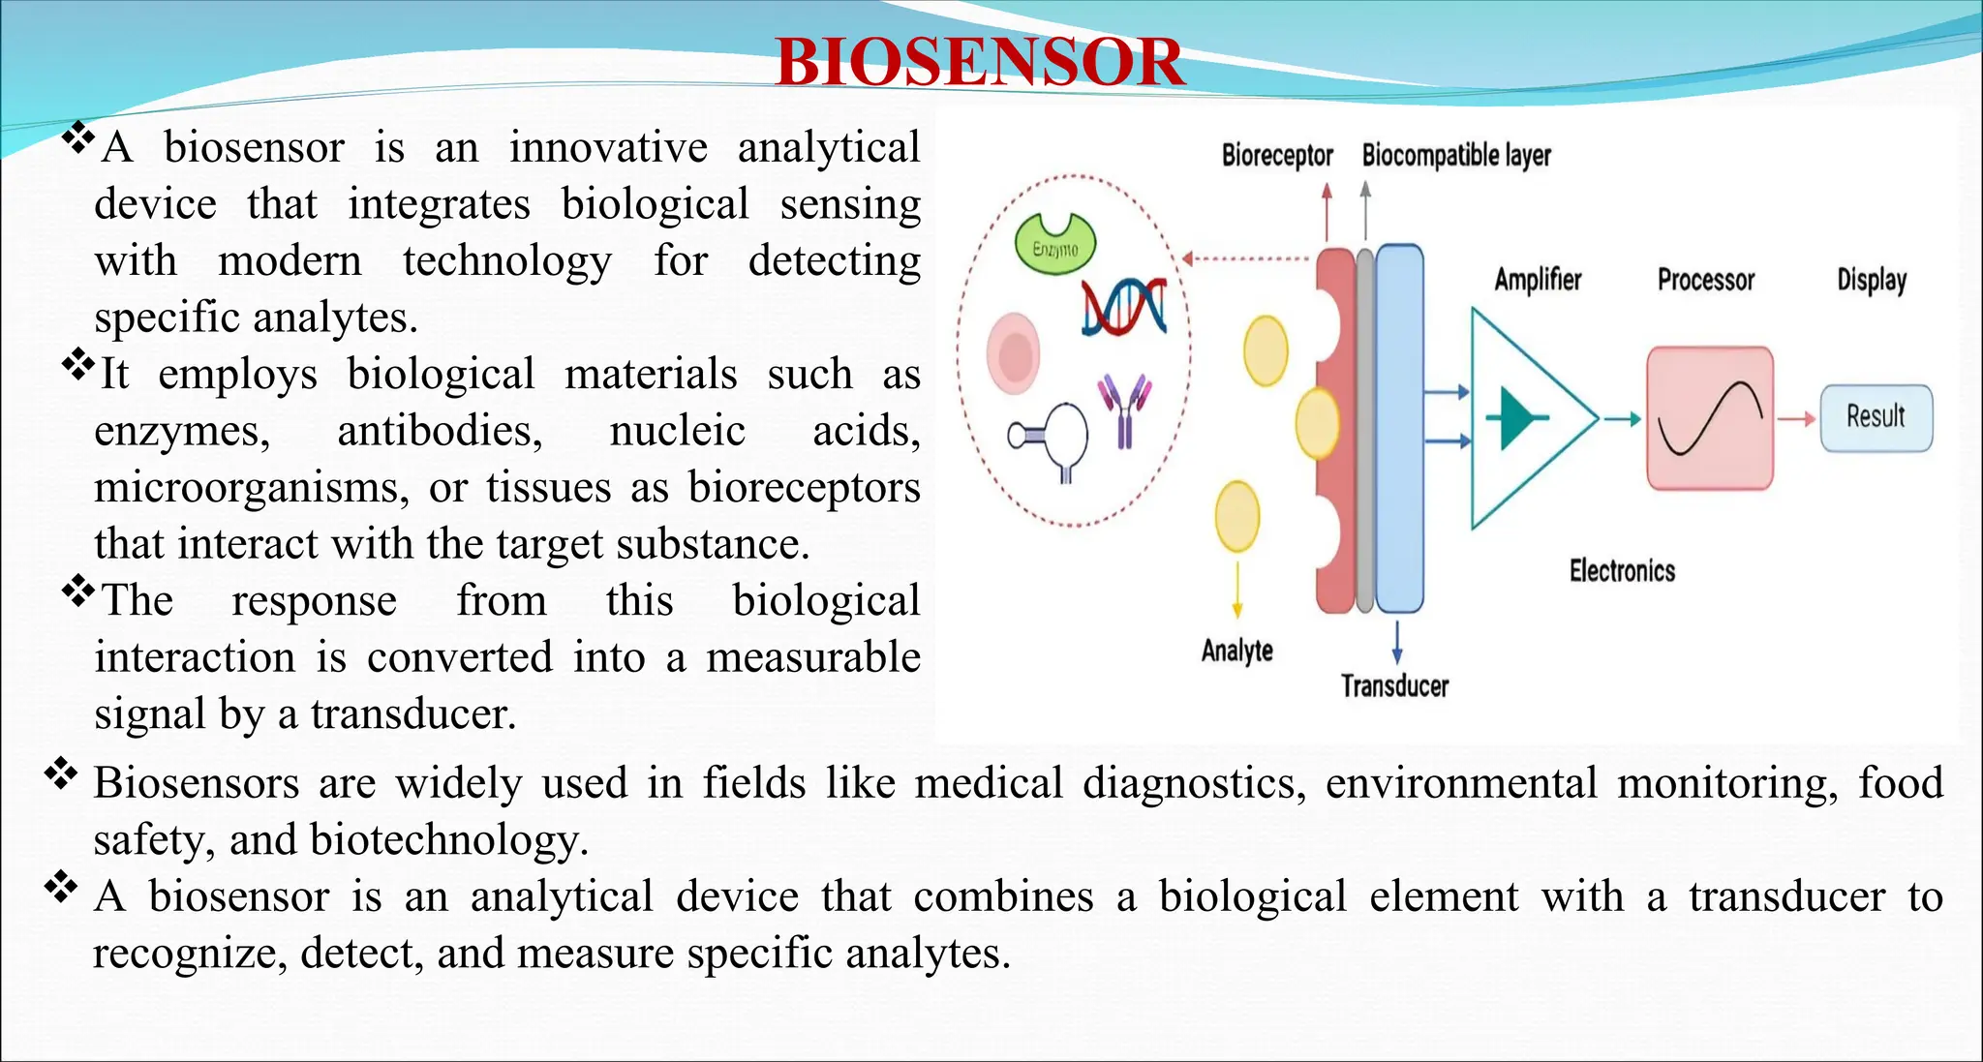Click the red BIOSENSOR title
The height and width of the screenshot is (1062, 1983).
pos(979,62)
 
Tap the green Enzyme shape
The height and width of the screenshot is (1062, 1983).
pos(1055,245)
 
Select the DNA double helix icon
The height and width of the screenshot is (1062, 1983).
pos(1124,307)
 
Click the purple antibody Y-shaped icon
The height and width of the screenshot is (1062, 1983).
pos(1124,410)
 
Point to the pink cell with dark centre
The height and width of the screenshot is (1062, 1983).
pos(1013,354)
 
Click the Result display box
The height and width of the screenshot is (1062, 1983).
pos(1876,418)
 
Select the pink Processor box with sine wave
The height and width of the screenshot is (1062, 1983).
pos(1710,418)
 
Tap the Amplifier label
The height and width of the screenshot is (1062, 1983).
pos(1537,280)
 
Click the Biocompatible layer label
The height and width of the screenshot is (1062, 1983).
pos(1455,155)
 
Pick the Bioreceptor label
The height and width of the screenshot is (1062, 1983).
pos(1276,155)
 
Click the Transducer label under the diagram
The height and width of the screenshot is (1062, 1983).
pos(1394,686)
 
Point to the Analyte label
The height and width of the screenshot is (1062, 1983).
pos(1236,651)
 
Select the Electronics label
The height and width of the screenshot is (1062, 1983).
pos(1622,571)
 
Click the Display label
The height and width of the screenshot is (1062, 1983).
pos(1871,280)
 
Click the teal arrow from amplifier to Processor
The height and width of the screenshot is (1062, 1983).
pos(1622,418)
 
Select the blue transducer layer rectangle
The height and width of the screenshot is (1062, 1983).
pos(1399,428)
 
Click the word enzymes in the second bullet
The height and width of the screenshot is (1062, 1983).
pos(182,431)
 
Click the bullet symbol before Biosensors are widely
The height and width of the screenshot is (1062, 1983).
pos(61,774)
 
